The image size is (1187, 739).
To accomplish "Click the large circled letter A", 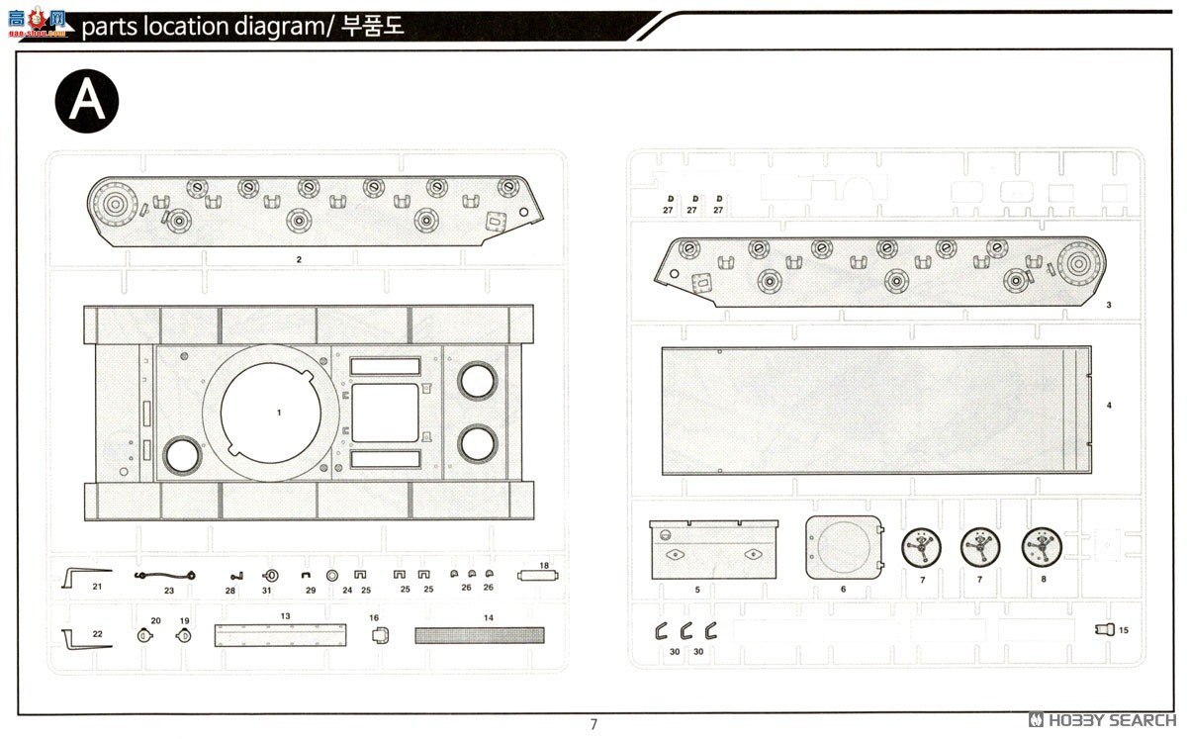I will (87, 101).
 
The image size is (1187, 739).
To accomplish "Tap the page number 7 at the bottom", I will (593, 724).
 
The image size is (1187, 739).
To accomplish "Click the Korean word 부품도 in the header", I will (373, 27).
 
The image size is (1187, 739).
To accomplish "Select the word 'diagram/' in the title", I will (286, 27).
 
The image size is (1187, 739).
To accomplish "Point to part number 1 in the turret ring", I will (279, 412).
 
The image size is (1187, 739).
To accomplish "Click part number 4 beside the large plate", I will (1109, 406).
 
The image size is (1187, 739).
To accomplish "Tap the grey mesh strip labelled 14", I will (479, 635).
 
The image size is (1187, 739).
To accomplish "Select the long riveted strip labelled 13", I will (281, 635).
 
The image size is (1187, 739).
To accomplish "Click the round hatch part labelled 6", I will (843, 547).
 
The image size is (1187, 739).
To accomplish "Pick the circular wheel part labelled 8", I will (1041, 546).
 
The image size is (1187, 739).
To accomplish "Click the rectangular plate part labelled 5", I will (713, 549).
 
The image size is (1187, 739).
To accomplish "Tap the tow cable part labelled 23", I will (165, 575).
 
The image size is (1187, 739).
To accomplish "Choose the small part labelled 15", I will (1105, 629).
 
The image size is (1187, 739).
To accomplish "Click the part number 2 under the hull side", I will (298, 259).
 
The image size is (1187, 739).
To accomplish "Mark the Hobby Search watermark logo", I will (1100, 719).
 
